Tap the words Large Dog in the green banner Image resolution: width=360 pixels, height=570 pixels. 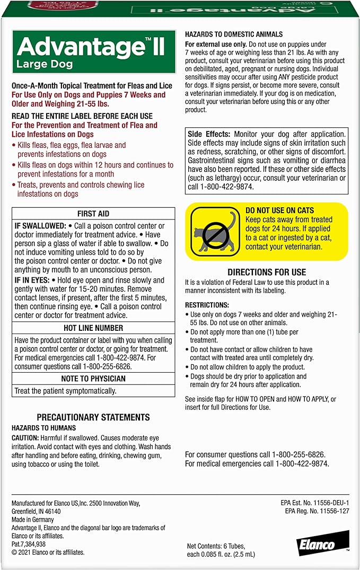[40, 66]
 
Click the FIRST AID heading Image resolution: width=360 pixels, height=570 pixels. [93, 214]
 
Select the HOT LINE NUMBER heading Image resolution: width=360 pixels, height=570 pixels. [93, 328]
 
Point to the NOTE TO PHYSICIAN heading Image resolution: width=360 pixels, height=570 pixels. [93, 379]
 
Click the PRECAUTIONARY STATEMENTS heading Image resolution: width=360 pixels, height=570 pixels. [93, 417]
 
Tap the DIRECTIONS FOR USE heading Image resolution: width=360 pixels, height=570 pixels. [267, 272]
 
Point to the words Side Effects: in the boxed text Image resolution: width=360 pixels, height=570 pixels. [209, 135]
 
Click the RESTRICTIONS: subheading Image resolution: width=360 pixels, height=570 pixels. [207, 305]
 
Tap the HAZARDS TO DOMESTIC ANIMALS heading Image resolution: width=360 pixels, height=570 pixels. [234, 34]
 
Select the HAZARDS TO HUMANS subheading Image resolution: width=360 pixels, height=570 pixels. [43, 428]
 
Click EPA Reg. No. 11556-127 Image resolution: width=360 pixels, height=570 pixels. [317, 511]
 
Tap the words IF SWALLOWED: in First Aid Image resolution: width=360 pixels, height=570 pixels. [39, 226]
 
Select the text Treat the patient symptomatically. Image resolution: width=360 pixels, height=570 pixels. [65, 391]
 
